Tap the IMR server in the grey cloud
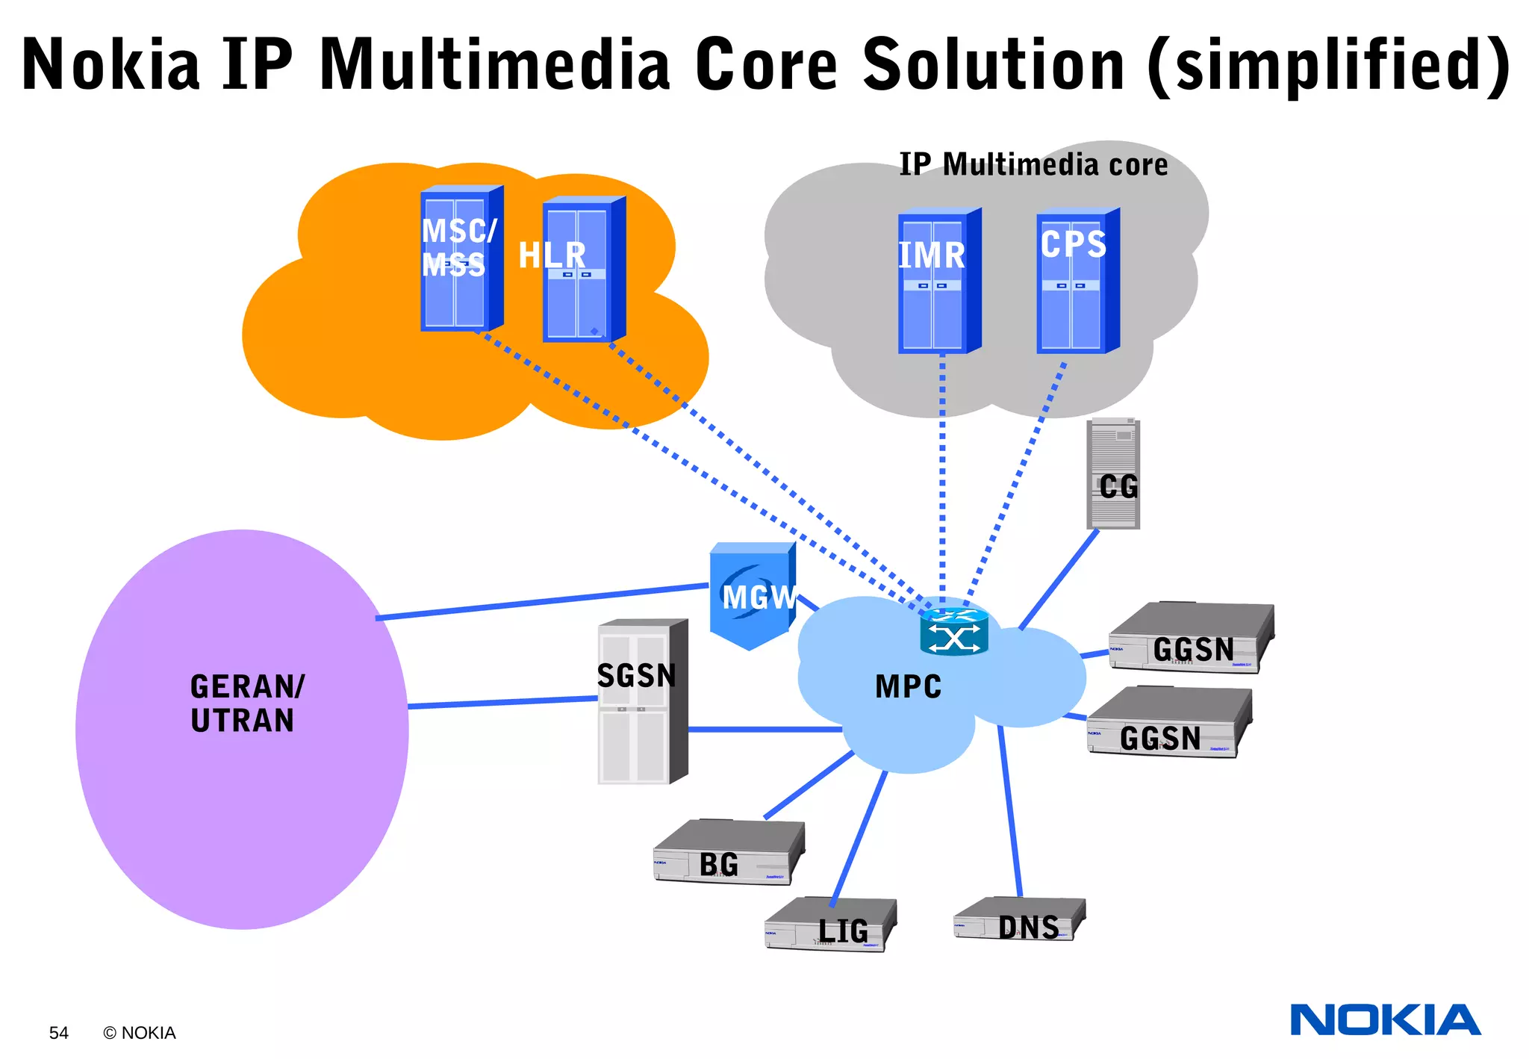tap(936, 282)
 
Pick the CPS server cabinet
tap(1075, 282)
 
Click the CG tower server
tap(1112, 473)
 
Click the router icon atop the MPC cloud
tap(953, 632)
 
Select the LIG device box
tap(829, 925)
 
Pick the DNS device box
tap(1019, 921)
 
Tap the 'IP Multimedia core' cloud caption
tap(1033, 165)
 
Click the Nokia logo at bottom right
tap(1384, 1020)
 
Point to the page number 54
tap(58, 1033)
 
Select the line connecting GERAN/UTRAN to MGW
tap(541, 601)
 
